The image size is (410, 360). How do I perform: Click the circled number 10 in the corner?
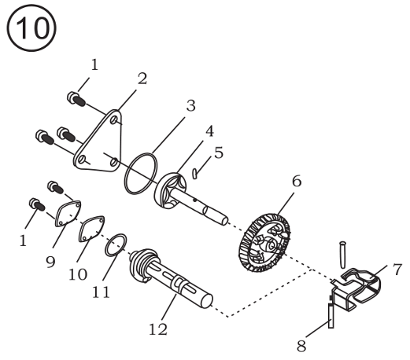pos(31,28)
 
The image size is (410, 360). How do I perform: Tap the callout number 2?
pos(142,79)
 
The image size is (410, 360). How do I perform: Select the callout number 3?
pos(190,106)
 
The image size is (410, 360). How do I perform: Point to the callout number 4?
pos(209,131)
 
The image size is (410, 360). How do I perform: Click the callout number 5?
pos(219,152)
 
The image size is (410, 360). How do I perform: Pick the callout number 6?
pos(297,181)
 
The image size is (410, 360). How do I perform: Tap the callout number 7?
pos(397,270)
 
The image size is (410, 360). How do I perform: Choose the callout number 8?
pos(301,346)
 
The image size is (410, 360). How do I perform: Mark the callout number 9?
pos(50,262)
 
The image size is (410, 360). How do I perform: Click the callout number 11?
pos(102,292)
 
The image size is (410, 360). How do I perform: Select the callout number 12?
pos(158,329)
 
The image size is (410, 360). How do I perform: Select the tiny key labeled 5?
pos(194,174)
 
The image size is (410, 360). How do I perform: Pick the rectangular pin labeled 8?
pos(331,315)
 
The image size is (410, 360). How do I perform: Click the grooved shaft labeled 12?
pos(171,277)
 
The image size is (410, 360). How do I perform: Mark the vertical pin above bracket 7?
pos(343,255)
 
